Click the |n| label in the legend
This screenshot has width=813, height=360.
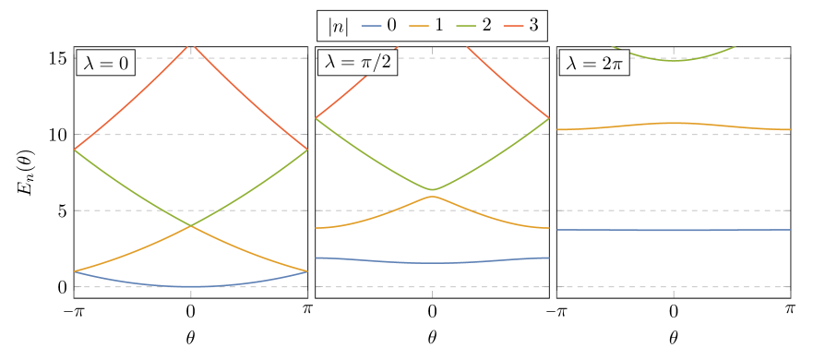(x=338, y=26)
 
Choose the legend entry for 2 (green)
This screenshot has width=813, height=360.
(x=473, y=26)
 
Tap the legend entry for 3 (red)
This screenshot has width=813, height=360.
(x=521, y=26)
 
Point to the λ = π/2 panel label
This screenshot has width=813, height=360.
(x=357, y=63)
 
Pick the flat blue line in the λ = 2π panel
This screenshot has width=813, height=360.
(x=674, y=230)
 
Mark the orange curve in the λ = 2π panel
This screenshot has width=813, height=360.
(x=674, y=123)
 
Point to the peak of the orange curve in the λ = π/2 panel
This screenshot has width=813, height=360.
(x=432, y=197)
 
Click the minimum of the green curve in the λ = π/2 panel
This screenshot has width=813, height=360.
(x=432, y=189)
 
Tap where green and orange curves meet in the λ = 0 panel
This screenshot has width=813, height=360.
(x=191, y=226)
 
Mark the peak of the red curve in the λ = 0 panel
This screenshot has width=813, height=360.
(x=191, y=44)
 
